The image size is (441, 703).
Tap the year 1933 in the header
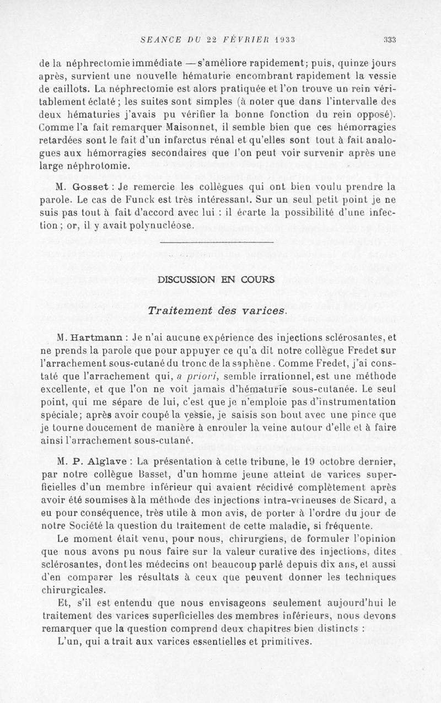click(281, 39)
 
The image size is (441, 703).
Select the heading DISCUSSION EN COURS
click(216, 280)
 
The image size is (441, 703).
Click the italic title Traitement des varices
click(218, 310)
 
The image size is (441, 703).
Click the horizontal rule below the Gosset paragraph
click(216, 242)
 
